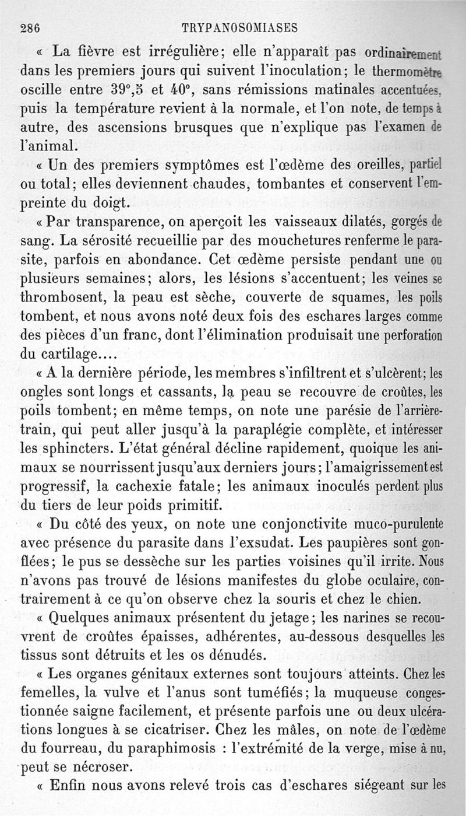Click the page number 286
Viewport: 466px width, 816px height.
pos(29,27)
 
